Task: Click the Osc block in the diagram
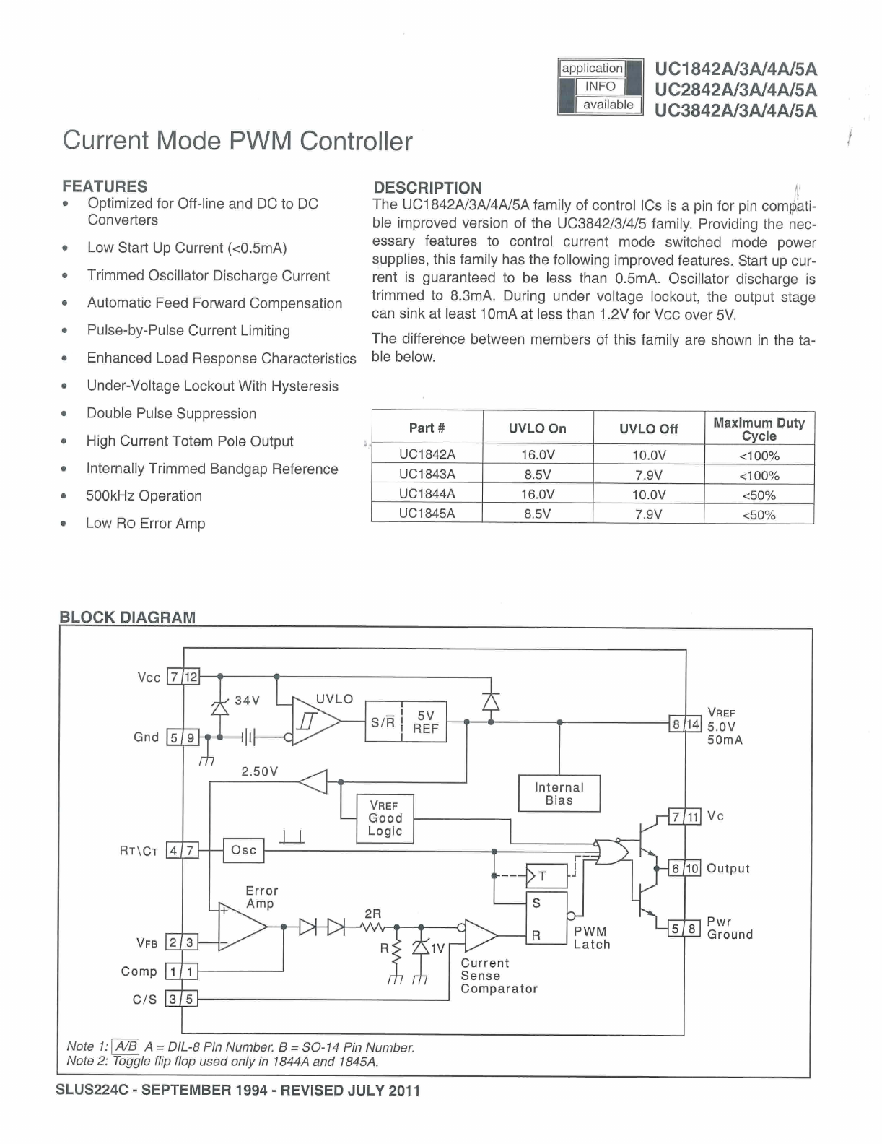tap(244, 850)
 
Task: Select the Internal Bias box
tap(559, 794)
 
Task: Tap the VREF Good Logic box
tap(385, 818)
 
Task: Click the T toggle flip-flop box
tap(546, 877)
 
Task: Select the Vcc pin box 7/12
tap(183, 677)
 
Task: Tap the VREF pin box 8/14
tap(685, 724)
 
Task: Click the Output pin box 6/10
tap(684, 868)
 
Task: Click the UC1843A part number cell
tap(427, 474)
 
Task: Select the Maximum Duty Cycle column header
tap(759, 429)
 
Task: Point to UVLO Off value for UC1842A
tap(648, 455)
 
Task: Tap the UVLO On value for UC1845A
tap(537, 514)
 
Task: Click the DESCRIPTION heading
tap(427, 188)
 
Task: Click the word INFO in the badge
tap(600, 87)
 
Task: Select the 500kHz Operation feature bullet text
tap(144, 496)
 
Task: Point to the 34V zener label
tap(247, 701)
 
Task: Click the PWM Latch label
tap(592, 938)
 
